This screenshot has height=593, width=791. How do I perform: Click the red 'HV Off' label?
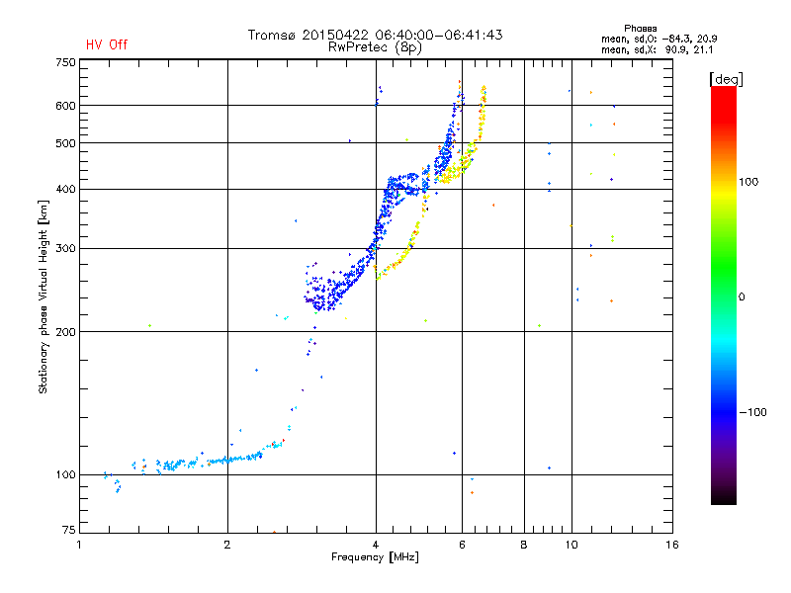(107, 44)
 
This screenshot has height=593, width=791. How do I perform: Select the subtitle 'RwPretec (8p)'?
(375, 47)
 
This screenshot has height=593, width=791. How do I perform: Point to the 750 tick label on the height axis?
(65, 62)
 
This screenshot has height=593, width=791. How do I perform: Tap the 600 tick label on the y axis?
(65, 106)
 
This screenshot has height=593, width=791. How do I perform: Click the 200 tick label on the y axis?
(65, 332)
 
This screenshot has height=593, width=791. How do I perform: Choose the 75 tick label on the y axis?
(69, 530)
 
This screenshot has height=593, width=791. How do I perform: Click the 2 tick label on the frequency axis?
(227, 545)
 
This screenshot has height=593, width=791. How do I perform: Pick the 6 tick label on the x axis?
(462, 545)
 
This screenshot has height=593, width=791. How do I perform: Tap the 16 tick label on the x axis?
(672, 545)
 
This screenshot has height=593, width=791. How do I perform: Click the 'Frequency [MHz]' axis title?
(375, 557)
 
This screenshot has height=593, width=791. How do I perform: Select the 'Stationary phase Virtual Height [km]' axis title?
(44, 297)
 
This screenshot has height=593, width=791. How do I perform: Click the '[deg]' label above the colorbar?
(726, 79)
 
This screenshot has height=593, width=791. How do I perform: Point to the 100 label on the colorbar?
(748, 182)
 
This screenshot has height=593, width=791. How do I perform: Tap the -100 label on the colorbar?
(753, 412)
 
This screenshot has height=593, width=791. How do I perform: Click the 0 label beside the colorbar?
(742, 297)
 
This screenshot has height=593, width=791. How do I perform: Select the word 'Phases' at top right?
(640, 29)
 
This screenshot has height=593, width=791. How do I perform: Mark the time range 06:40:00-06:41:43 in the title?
(439, 35)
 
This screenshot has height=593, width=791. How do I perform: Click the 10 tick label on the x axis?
(571, 545)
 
